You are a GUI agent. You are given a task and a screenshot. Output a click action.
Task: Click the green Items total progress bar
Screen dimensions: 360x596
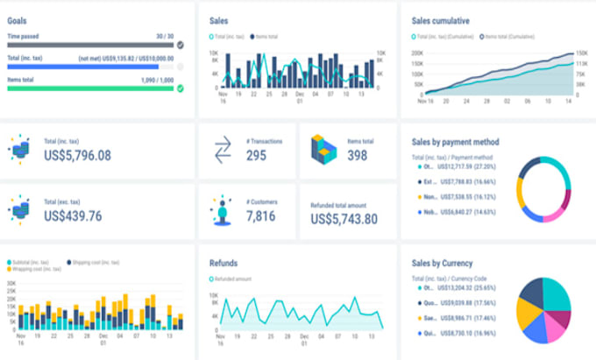pyautogui.click(x=91, y=88)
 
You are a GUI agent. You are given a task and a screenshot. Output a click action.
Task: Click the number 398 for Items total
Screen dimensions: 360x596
pyautogui.click(x=357, y=156)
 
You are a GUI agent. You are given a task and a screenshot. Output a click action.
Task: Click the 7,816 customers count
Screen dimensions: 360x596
pyautogui.click(x=262, y=216)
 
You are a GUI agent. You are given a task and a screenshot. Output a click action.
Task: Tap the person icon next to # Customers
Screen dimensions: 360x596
pyautogui.click(x=221, y=211)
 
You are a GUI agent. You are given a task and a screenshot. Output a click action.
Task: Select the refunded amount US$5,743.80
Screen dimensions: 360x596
pyautogui.click(x=344, y=219)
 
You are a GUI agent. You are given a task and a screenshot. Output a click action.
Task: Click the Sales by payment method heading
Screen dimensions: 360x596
pyautogui.click(x=455, y=141)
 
